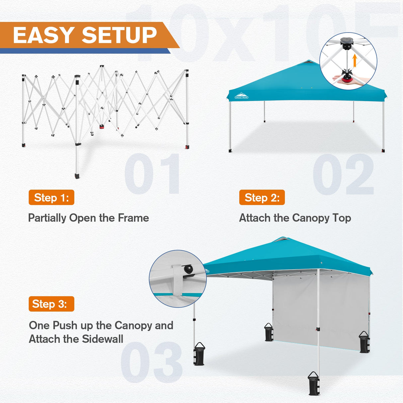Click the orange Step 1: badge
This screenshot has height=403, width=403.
51,198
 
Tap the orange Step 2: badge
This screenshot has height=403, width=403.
262,198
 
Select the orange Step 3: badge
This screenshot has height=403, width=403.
51,304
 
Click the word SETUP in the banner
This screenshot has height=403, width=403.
119,35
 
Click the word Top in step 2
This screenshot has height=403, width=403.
342,218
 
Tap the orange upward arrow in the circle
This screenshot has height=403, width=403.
355,61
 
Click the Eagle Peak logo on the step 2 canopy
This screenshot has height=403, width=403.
241,96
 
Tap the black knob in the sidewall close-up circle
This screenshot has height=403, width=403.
189,269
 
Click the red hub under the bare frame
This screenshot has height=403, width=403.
102,126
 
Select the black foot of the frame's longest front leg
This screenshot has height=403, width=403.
77,175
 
